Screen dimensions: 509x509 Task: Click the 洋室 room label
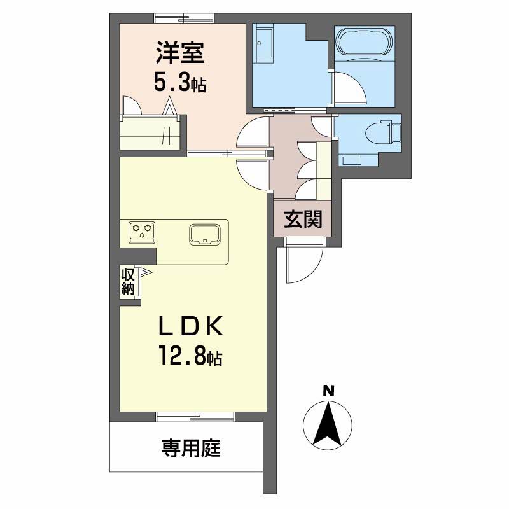coord(180,53)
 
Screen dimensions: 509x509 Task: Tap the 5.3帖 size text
coord(179,83)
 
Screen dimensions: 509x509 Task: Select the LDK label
coord(191,326)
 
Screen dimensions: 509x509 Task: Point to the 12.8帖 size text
coord(191,356)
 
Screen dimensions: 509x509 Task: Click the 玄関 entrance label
coord(303,219)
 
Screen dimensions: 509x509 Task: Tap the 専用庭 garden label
coord(191,449)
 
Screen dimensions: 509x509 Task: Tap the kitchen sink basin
coord(205,234)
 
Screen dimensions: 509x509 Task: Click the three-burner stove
coord(142,232)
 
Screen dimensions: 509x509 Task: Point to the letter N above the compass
coord(328,391)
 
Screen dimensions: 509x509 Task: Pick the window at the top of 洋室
coord(184,18)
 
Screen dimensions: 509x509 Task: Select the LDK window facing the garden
coord(195,417)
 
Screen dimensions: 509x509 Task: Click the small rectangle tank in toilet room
coord(352,160)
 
